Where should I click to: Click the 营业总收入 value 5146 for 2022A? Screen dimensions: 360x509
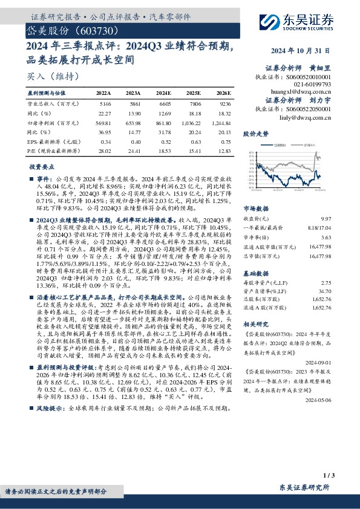[104, 105]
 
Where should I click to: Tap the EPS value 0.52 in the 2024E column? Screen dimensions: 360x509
[163, 141]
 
